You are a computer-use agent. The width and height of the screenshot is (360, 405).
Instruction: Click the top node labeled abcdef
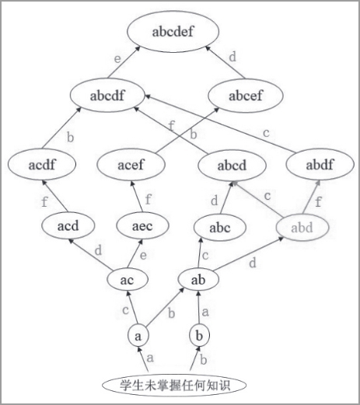(x=173, y=31)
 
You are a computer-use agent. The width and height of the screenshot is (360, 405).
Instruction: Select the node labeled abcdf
(x=107, y=96)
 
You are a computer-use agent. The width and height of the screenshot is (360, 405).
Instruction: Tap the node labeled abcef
(x=246, y=96)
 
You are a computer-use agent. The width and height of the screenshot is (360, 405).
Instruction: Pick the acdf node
(x=42, y=164)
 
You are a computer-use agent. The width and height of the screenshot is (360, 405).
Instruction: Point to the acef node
(x=131, y=164)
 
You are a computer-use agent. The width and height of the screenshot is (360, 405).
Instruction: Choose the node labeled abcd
(x=232, y=166)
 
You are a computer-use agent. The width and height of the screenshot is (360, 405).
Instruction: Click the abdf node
(x=320, y=164)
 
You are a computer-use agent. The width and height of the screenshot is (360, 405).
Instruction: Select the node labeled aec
(x=142, y=225)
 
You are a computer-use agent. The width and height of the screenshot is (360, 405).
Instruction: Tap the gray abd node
(x=302, y=228)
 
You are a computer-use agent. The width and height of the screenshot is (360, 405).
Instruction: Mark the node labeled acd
(x=68, y=225)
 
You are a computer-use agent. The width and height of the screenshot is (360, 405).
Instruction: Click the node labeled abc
(x=220, y=228)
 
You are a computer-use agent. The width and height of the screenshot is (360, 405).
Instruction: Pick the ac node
(x=128, y=280)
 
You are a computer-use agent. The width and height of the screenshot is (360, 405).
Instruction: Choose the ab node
(x=198, y=280)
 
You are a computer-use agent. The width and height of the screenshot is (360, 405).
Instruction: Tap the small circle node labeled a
(x=138, y=336)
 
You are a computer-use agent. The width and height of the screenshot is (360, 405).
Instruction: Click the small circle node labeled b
(x=199, y=336)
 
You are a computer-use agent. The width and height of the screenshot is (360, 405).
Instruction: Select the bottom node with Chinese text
(x=174, y=385)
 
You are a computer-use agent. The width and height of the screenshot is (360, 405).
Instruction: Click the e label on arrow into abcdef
(x=117, y=59)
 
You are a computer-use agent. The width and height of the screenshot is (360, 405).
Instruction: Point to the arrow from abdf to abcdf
(x=221, y=124)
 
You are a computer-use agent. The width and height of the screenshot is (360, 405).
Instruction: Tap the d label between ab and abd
(x=252, y=263)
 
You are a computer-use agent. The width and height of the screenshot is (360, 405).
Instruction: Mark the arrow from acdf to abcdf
(x=61, y=128)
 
